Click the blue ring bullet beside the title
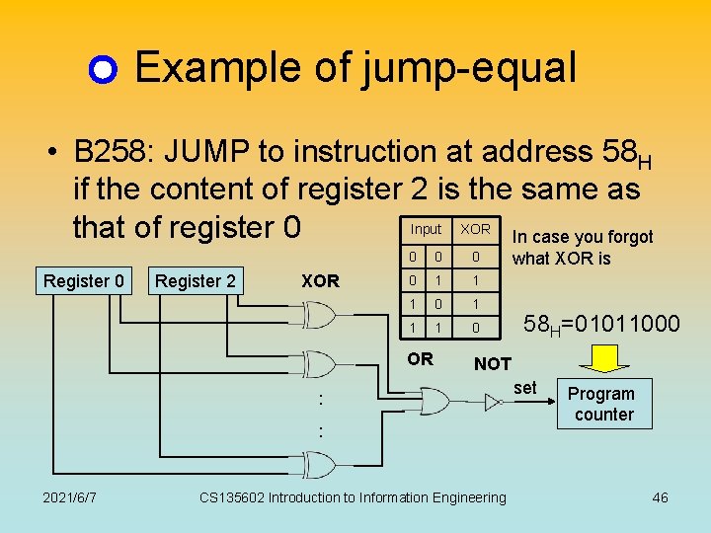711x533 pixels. pyautogui.click(x=104, y=70)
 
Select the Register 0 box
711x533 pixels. pyautogui.click(x=84, y=281)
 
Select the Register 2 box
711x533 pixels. pyautogui.click(x=196, y=281)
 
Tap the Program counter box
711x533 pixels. pyautogui.click(x=603, y=404)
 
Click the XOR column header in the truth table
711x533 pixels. pyautogui.click(x=475, y=229)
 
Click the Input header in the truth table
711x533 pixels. pyautogui.click(x=426, y=229)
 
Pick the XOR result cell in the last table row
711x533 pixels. pyautogui.click(x=475, y=326)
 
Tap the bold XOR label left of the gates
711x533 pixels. pyautogui.click(x=320, y=280)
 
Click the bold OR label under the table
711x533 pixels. pyautogui.click(x=421, y=359)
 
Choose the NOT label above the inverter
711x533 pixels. pyautogui.click(x=493, y=364)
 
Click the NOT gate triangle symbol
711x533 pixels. pyautogui.click(x=492, y=401)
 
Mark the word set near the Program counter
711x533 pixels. pyautogui.click(x=525, y=388)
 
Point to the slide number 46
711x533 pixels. pyautogui.click(x=660, y=496)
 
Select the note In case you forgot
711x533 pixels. pyautogui.click(x=583, y=237)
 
